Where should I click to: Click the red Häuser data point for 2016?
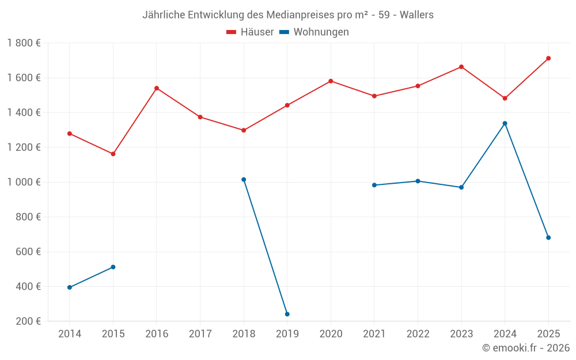coord(157,88)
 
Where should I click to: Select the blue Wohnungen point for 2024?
coord(505,123)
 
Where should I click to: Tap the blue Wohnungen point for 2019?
coord(287,314)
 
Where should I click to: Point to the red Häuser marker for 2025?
coord(548,58)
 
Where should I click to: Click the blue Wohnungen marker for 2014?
coord(70,287)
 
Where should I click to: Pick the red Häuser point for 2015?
coord(113,154)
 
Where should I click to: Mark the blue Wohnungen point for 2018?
coord(244,180)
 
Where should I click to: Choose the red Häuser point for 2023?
coord(461,67)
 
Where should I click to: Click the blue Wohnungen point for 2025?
coord(548,237)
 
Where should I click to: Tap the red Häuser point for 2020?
coord(331,81)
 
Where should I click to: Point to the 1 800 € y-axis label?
coord(24,43)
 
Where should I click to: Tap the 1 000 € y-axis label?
coord(24,182)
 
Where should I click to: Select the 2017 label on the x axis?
coord(200,334)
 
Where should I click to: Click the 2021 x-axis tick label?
coord(374,334)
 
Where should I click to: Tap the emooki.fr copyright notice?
coord(525,348)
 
